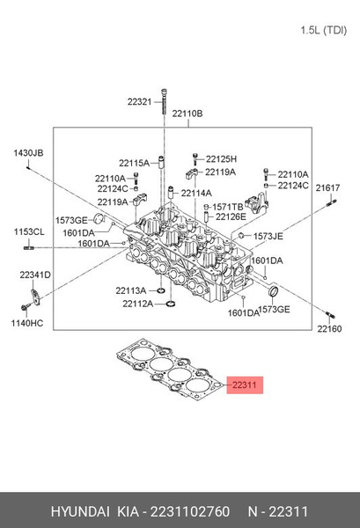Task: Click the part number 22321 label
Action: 140,102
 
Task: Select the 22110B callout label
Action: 187,114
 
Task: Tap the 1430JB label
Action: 27,153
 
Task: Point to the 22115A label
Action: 135,163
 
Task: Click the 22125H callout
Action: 220,159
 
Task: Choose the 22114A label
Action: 197,194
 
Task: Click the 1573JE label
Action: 268,237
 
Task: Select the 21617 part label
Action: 328,189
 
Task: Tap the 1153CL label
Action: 28,231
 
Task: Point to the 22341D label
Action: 35,275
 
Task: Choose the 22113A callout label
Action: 130,290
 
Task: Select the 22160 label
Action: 329,329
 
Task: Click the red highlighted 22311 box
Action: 244,385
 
